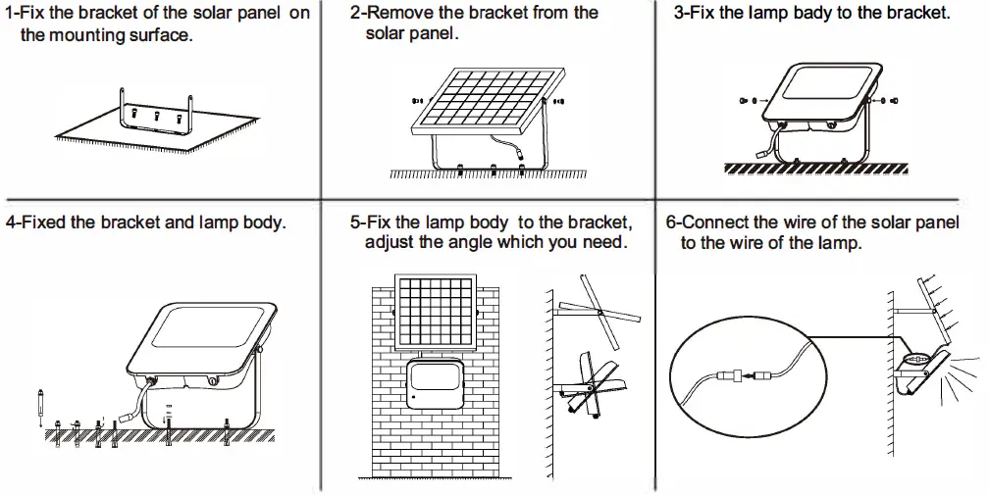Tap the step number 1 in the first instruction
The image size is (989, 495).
coord(10,15)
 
